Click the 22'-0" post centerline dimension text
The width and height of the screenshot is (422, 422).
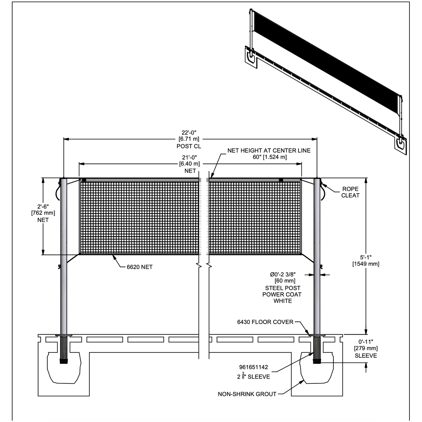tap(189, 132)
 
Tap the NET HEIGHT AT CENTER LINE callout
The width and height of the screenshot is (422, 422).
tap(269, 151)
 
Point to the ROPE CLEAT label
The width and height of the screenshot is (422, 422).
tap(350, 192)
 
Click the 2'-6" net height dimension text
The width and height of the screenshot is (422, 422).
tap(43, 206)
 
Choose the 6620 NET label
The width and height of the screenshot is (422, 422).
tap(139, 267)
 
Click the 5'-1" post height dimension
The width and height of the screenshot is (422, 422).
tap(366, 257)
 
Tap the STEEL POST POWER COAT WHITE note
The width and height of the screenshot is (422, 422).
tap(282, 294)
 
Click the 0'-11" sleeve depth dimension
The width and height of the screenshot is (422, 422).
tap(366, 342)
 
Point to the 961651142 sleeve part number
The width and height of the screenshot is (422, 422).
tap(253, 367)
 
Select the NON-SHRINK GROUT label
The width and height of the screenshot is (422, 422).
tap(247, 394)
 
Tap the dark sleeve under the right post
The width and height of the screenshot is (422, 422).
tap(317, 349)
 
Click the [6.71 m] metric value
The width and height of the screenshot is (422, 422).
tap(189, 139)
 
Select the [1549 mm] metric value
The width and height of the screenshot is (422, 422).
tap(366, 264)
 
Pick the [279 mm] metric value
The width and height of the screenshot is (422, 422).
tap(366, 348)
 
